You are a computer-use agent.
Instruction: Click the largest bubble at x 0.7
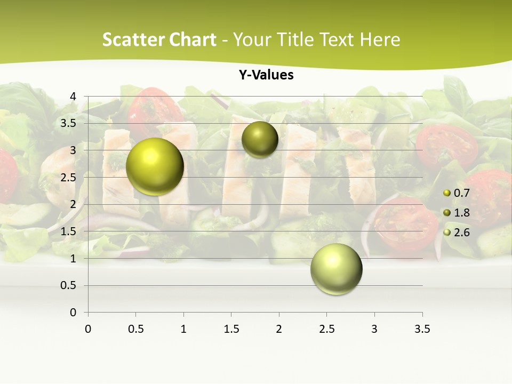coord(155,166)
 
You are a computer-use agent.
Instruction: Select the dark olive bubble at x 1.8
coord(260,139)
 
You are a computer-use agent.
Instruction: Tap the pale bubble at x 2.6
coord(336,269)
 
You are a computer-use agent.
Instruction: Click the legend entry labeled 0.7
coord(461,193)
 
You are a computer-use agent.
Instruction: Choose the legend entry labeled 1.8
coord(461,213)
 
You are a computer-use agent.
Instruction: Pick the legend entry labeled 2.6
coord(461,232)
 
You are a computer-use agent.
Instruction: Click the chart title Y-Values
coord(266,75)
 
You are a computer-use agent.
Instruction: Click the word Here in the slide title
coord(379,39)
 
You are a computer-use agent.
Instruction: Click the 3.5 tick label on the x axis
coord(422,329)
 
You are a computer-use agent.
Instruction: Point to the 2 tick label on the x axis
coord(279,329)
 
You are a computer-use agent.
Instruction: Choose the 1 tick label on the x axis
coord(183,329)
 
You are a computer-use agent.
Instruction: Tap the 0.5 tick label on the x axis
coord(136,329)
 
